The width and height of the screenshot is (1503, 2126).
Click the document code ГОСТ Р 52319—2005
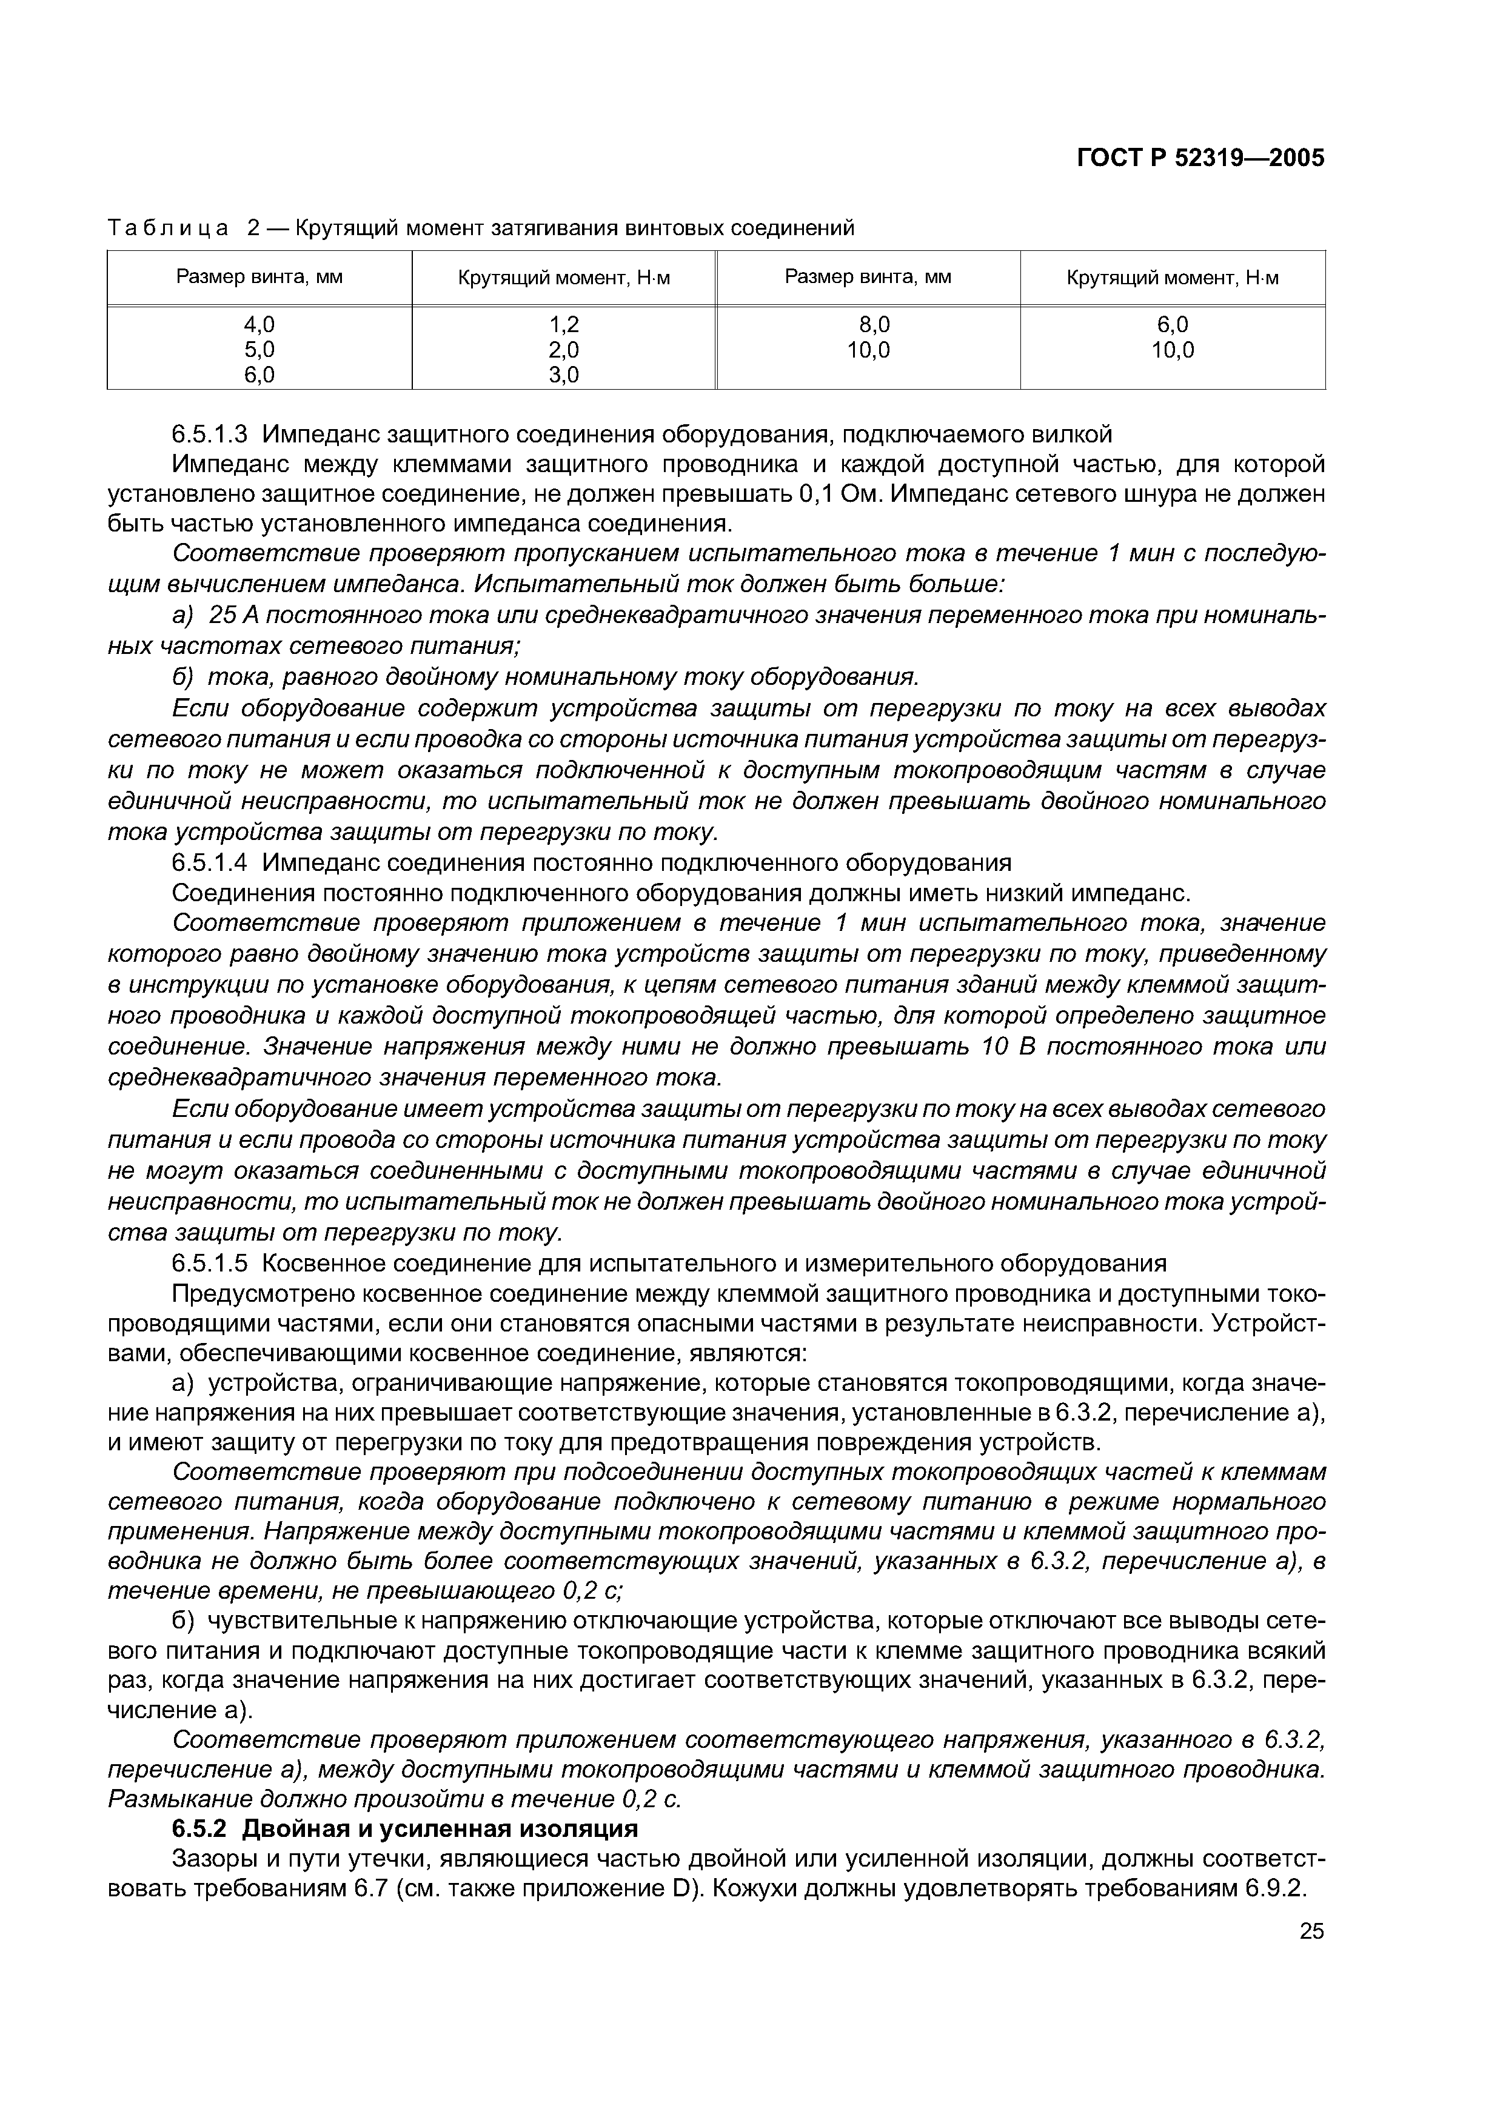1200,159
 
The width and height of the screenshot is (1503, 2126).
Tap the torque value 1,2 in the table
563,324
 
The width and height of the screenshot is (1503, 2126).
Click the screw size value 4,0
259,324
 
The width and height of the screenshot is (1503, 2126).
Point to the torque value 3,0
563,375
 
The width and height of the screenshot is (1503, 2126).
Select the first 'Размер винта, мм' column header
259,277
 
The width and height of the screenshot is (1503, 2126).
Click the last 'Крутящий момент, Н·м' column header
1173,278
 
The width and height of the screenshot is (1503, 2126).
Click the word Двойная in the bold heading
295,1829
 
